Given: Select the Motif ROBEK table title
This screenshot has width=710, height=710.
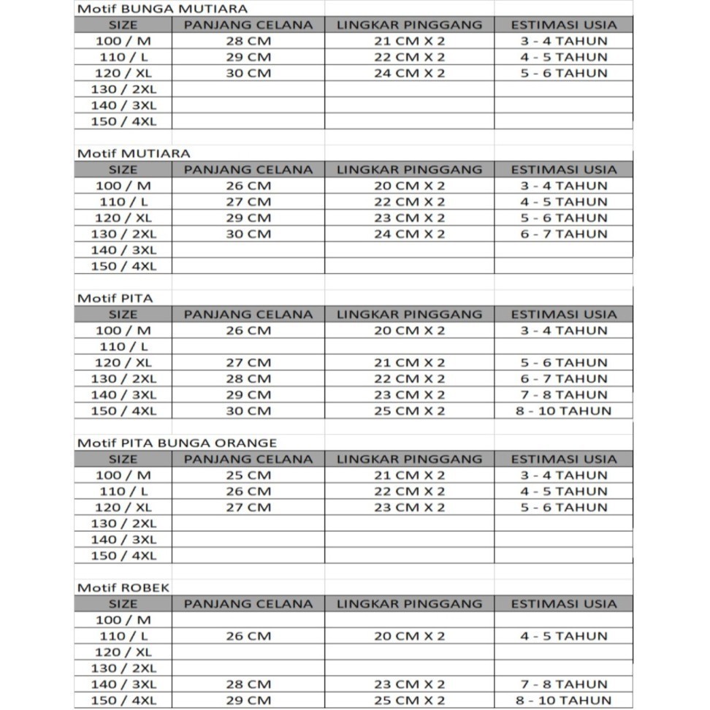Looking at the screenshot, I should coord(123,587).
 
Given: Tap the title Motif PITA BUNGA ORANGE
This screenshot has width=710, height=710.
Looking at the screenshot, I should coord(177,443).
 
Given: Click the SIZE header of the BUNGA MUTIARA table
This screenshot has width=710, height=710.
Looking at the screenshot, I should coord(123,25).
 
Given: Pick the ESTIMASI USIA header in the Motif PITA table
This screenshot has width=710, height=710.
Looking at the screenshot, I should coord(563,314).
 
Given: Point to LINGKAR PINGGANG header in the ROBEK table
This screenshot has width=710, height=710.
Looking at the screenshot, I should coord(409,604).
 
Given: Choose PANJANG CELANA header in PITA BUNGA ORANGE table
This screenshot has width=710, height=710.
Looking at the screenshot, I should coord(248,459).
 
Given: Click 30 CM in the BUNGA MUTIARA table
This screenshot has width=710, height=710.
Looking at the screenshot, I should coord(248,73).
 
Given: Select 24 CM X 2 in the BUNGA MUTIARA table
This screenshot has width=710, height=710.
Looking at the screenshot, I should coord(409,73).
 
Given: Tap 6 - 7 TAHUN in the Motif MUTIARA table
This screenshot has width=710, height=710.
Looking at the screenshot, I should coord(563,234).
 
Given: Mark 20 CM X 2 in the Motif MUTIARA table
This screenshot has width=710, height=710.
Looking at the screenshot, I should coord(409,186).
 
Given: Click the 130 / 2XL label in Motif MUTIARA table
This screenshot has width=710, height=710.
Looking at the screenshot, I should coord(123,234).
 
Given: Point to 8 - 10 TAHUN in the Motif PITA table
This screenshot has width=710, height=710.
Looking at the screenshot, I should coord(563,411).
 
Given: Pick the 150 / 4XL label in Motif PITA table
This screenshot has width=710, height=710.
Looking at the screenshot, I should coord(123,411).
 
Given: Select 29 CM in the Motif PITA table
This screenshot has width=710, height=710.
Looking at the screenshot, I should coord(248,394).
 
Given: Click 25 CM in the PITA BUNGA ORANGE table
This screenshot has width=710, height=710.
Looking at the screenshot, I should coord(248,476).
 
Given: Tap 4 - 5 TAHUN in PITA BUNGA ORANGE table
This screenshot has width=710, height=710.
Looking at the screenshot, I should coord(563,492).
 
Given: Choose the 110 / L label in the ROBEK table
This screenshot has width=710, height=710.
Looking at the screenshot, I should coord(123,636).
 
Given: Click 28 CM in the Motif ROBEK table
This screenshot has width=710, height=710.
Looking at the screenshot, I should coord(248,684).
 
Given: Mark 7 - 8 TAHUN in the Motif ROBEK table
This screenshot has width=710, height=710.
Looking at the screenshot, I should coord(563,684).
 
